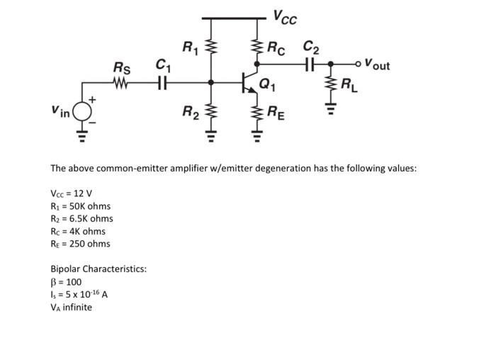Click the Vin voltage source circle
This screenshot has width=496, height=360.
tap(83, 111)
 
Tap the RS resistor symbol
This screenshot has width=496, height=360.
tap(121, 82)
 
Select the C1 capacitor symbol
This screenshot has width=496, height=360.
tap(162, 82)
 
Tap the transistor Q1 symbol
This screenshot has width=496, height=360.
tap(249, 82)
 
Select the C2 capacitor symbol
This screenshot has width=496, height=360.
tap(310, 64)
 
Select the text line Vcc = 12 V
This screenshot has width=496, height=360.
tap(72, 193)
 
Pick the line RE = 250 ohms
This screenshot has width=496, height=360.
tap(80, 244)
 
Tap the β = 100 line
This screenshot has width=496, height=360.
tap(66, 281)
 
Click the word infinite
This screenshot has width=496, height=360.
tap(77, 307)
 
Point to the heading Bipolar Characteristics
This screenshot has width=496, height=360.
tap(98, 269)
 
